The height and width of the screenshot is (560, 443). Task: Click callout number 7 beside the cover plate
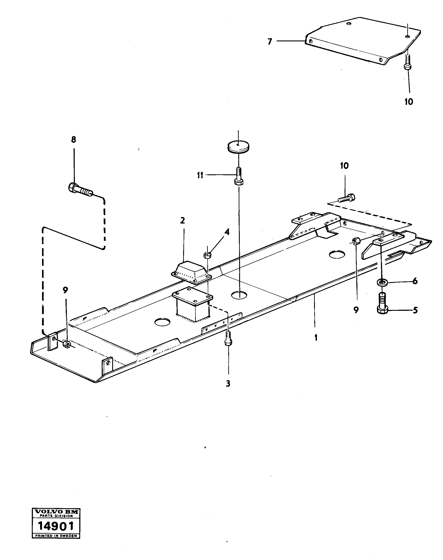click(x=270, y=42)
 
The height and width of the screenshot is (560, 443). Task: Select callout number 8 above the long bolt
click(x=74, y=140)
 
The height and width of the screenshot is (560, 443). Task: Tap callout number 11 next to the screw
click(x=200, y=175)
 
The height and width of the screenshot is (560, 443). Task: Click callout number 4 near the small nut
click(x=227, y=232)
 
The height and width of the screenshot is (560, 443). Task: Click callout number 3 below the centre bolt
click(x=228, y=384)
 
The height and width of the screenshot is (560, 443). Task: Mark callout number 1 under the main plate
click(x=316, y=338)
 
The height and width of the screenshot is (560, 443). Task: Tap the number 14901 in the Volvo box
click(x=56, y=526)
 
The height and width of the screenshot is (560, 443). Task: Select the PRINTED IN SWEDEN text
click(x=56, y=536)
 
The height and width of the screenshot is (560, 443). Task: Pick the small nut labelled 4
click(x=208, y=256)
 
